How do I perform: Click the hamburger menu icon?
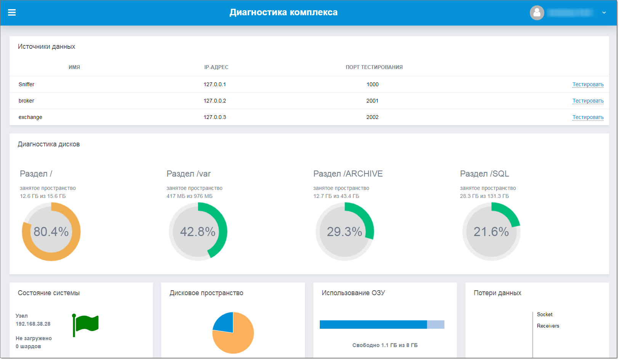point(12,13)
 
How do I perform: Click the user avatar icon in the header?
point(537,13)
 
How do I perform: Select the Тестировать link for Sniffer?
point(588,85)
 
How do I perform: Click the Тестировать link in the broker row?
point(588,101)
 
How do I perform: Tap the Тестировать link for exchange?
point(588,117)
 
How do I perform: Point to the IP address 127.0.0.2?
point(215,101)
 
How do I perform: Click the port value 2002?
point(372,117)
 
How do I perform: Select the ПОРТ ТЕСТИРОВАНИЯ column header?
point(374,67)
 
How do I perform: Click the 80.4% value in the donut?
point(51,232)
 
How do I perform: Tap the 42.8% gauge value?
point(198,232)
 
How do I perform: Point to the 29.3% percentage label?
point(345,232)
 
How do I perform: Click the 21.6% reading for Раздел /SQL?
point(491,232)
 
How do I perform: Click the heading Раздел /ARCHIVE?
point(348,174)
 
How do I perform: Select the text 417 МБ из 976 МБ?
point(189,196)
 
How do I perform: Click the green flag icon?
point(86,324)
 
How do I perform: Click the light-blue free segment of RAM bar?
point(435,325)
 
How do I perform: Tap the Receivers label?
point(548,326)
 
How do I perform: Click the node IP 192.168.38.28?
point(33,324)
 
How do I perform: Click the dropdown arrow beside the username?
point(604,13)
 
